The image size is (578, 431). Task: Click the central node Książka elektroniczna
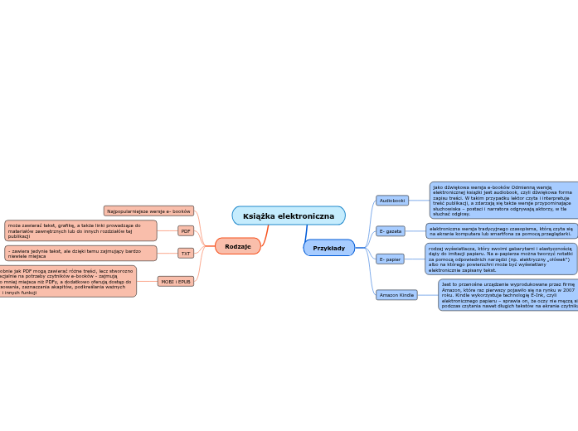tap(289, 215)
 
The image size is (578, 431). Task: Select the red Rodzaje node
tap(238, 246)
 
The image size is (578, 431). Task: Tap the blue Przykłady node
tap(328, 248)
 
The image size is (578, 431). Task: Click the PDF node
tap(186, 231)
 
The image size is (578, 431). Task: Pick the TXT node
tap(186, 253)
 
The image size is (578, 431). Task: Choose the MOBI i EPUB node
tap(175, 281)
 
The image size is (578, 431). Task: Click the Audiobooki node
tap(392, 201)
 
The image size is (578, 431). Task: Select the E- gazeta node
tap(391, 231)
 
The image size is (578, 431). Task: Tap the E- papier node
tap(390, 259)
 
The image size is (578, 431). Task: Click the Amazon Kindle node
tap(396, 294)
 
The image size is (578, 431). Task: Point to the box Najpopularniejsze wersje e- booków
tap(149, 211)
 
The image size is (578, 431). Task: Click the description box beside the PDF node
tap(80, 230)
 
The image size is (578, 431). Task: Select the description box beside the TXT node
tap(80, 253)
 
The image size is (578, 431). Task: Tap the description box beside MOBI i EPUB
tap(68, 282)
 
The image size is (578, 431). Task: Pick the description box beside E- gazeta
tap(502, 231)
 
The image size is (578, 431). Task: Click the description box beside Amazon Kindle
tap(508, 295)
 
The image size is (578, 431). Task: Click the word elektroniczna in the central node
tap(307, 215)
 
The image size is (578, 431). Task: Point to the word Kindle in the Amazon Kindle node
tap(406, 294)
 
